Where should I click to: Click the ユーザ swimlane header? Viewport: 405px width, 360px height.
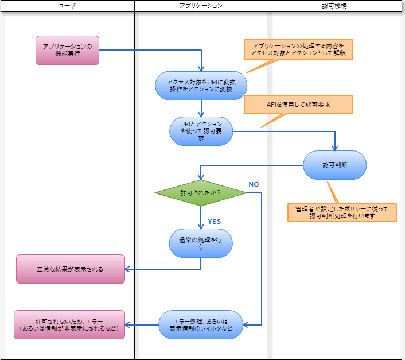(67, 6)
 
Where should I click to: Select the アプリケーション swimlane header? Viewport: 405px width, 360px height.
(201, 6)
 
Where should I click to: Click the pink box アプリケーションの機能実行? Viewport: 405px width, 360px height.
(67, 50)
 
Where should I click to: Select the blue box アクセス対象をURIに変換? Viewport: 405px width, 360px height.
(201, 86)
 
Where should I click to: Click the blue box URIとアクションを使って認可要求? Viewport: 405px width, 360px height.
(201, 130)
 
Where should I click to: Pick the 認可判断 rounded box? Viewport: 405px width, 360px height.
(334, 165)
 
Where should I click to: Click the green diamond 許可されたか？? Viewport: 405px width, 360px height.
(201, 193)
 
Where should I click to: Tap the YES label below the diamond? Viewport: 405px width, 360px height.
(214, 222)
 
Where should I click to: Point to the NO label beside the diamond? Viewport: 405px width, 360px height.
(254, 184)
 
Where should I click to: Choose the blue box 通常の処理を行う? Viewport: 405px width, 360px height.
(201, 243)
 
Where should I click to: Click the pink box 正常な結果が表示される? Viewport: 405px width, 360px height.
(70, 269)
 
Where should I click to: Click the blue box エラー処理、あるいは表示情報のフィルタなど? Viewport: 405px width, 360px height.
(201, 324)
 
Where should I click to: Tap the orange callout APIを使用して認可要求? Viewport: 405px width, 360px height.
(298, 104)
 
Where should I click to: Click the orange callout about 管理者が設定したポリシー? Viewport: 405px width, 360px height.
(342, 212)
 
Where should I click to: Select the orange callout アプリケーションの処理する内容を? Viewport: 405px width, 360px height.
(298, 49)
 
